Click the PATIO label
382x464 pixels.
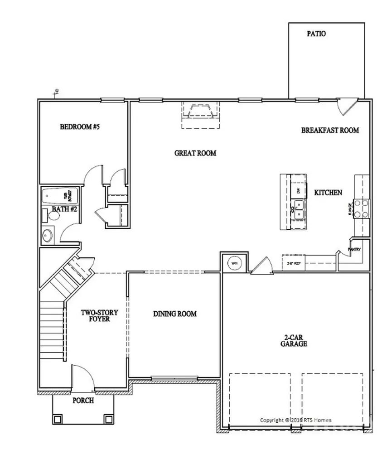tap(316, 34)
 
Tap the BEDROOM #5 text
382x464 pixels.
tap(79, 127)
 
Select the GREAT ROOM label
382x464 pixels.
tap(195, 153)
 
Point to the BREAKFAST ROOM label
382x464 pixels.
tap(330, 130)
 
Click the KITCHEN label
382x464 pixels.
tap(328, 193)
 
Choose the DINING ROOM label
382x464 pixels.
tap(174, 314)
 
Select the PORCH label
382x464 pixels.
tap(83, 401)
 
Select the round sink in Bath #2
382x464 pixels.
tap(47, 235)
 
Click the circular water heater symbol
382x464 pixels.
tap(234, 263)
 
